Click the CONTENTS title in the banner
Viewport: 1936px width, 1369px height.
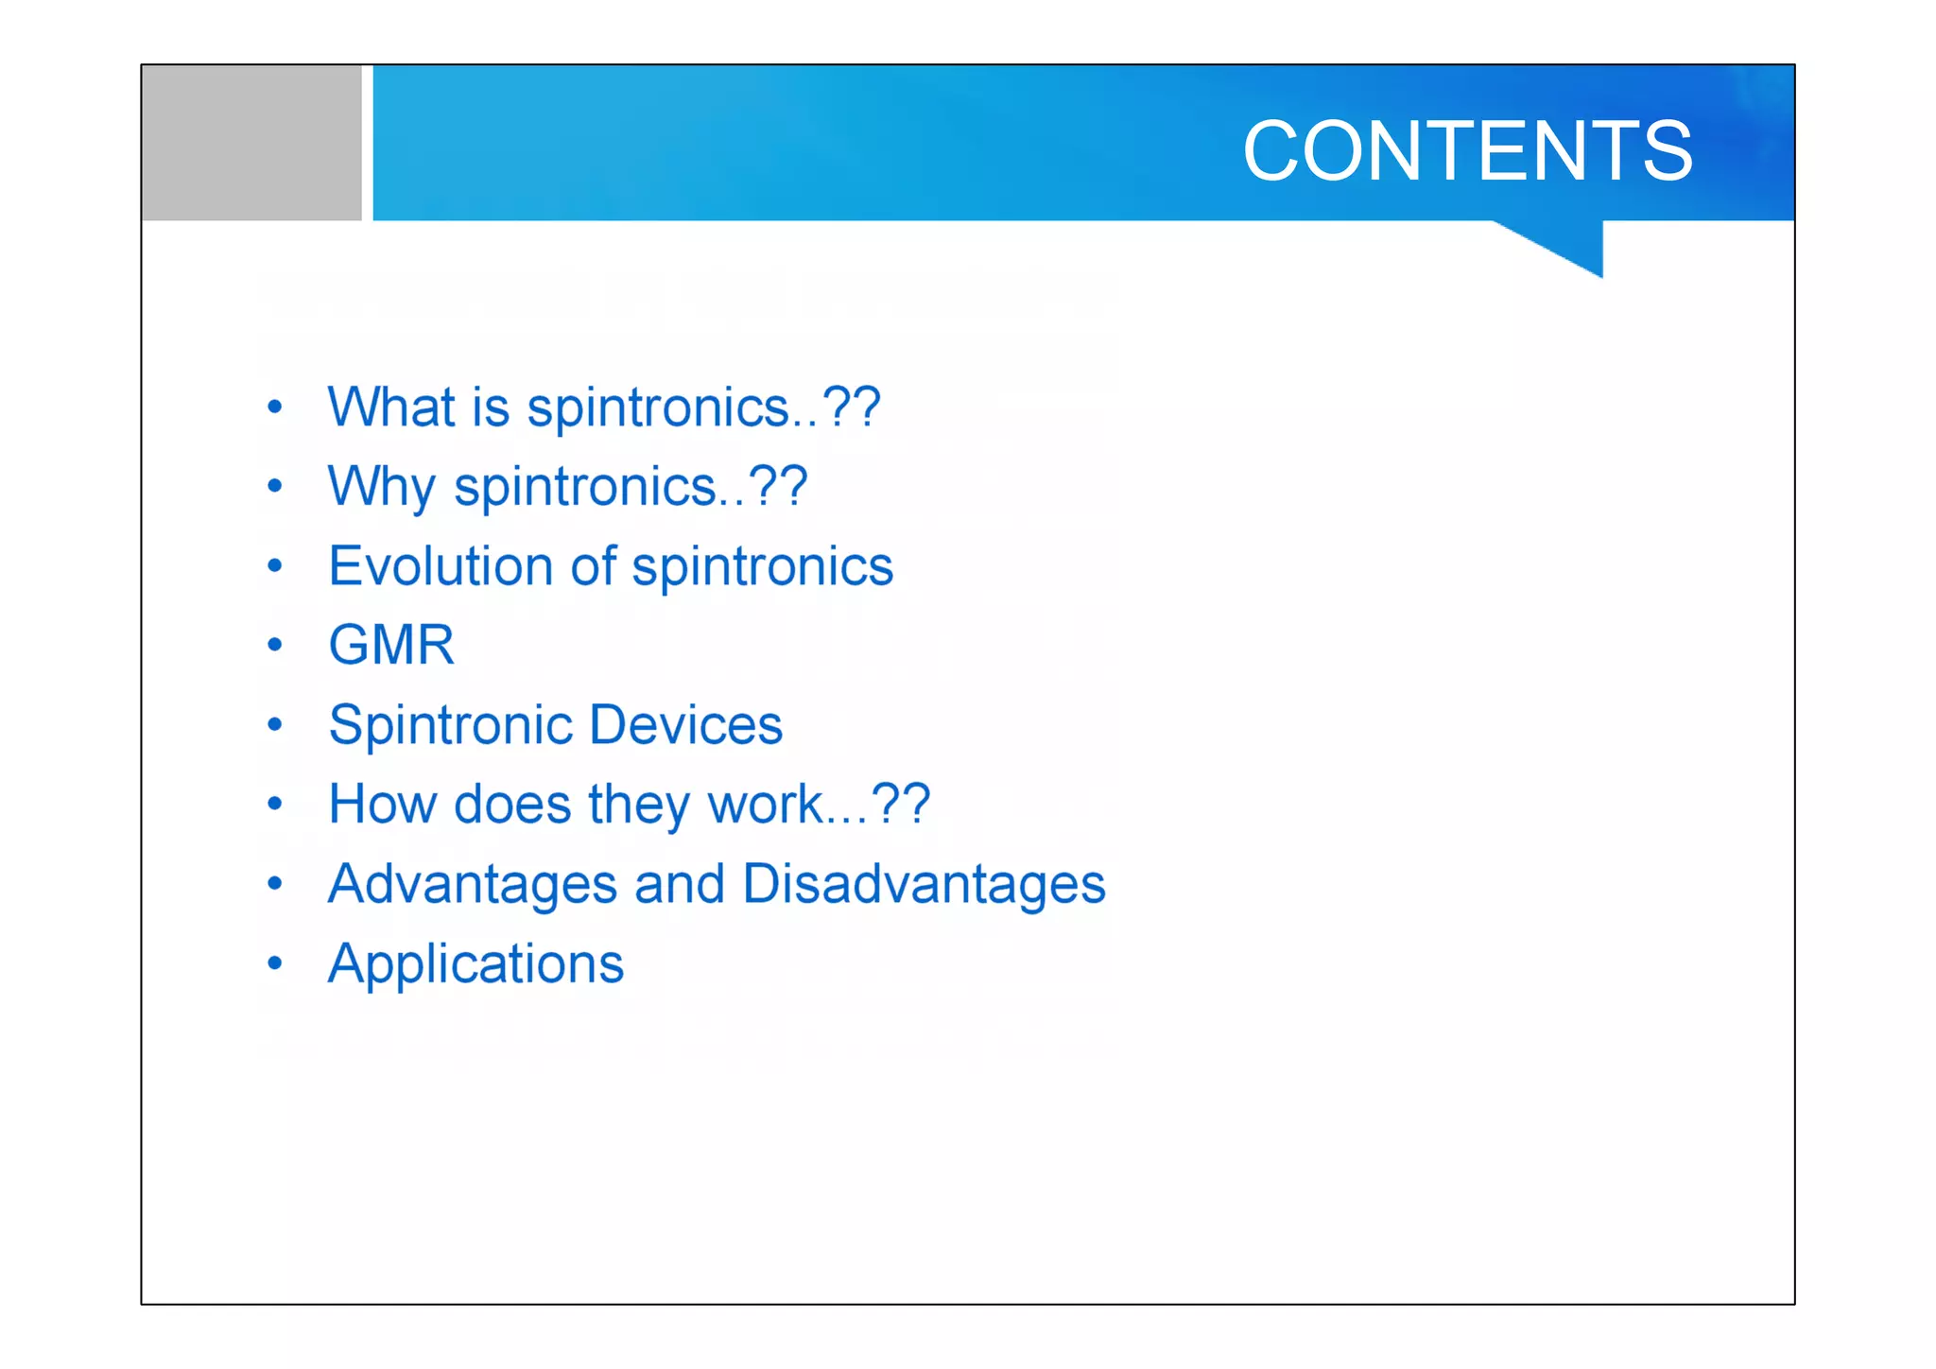pos(1466,151)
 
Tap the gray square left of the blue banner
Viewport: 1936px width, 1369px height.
pos(251,143)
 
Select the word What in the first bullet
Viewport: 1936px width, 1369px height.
pos(390,407)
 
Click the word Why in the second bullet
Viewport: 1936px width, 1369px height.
pos(381,488)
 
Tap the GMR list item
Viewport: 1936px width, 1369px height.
pos(391,645)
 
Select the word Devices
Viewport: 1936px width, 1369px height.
pos(686,725)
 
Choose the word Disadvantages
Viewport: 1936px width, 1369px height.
pos(924,885)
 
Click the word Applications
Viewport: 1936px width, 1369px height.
pos(475,964)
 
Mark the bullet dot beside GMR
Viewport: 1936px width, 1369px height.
pos(275,646)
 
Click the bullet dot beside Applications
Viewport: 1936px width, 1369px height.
pos(275,963)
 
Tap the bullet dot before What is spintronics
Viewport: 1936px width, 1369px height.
pos(275,407)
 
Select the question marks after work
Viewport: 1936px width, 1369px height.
pos(901,804)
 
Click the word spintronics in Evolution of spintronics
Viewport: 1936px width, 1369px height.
pos(762,567)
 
